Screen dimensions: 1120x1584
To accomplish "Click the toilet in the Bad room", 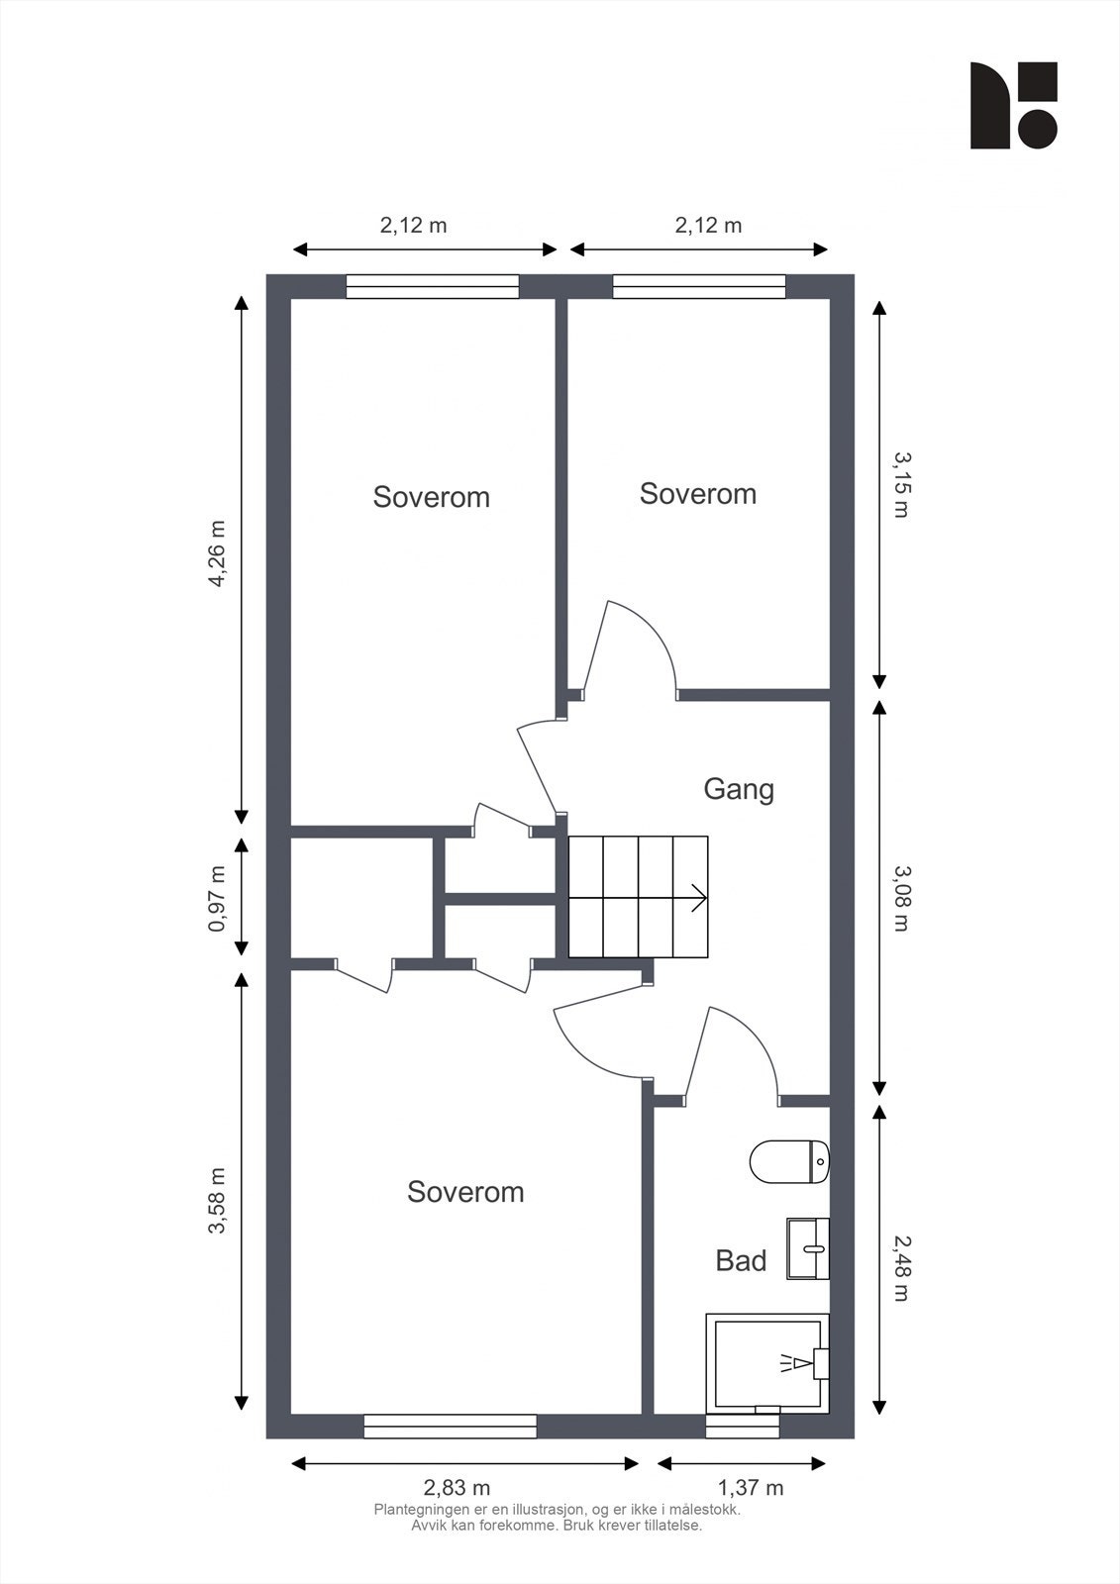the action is click(x=789, y=1160).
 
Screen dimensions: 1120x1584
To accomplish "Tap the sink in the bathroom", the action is click(x=807, y=1248).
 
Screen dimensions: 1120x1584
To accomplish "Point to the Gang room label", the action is click(x=739, y=789).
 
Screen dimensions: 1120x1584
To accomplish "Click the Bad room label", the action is click(x=741, y=1261).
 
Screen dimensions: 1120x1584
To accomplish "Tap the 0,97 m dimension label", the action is click(x=217, y=899).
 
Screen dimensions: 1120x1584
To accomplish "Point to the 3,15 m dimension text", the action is click(x=900, y=485).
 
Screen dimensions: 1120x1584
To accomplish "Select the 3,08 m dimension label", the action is click(x=900, y=899).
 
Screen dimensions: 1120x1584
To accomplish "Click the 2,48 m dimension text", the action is click(x=900, y=1268).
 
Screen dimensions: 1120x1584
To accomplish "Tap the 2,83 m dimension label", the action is click(x=457, y=1488).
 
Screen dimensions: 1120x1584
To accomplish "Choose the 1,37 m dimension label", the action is click(x=750, y=1488).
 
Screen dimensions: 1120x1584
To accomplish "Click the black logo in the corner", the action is click(x=1013, y=105).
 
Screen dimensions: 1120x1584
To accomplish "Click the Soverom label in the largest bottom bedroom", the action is click(x=465, y=1192).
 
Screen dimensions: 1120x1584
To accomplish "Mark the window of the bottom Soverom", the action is click(x=450, y=1426).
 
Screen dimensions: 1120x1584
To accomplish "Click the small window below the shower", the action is click(x=742, y=1426).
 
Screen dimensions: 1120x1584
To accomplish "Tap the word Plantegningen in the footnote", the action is click(x=416, y=1511).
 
